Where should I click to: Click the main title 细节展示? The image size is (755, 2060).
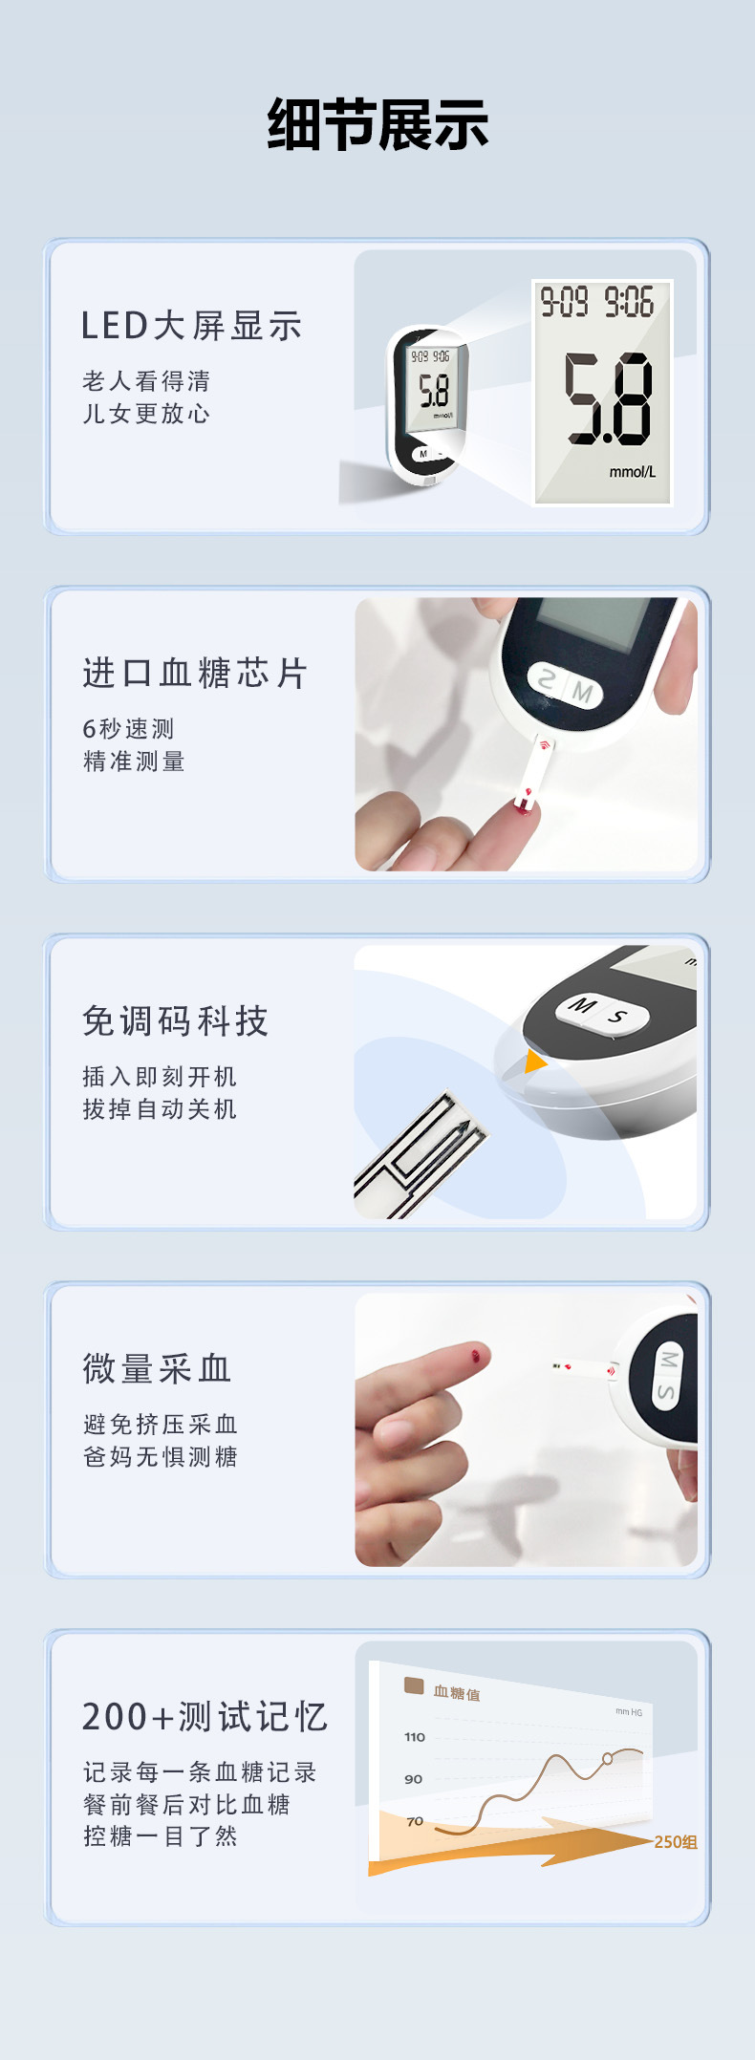(377, 125)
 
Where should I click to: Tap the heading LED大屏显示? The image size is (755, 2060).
(191, 326)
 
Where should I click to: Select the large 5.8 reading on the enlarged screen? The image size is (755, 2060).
(608, 398)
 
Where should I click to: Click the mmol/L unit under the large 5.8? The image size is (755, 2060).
(633, 472)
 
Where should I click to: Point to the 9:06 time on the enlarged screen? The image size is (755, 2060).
(629, 303)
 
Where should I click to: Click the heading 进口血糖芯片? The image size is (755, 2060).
(195, 674)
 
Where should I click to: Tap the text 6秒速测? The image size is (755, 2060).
(128, 729)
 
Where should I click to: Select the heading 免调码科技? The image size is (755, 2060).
(176, 1021)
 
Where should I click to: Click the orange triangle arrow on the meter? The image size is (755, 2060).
(534, 1062)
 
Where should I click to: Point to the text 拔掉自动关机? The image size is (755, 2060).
(160, 1109)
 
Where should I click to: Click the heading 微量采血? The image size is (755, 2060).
(158, 1369)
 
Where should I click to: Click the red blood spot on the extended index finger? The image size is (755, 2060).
(476, 1354)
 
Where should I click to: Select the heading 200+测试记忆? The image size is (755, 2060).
(205, 1717)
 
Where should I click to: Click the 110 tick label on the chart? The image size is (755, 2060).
(414, 1737)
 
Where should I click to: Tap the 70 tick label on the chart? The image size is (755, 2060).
(415, 1821)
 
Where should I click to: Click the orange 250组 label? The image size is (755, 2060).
(675, 1842)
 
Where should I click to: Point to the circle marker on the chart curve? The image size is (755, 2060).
(607, 1758)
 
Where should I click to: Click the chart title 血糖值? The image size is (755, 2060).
(457, 1693)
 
